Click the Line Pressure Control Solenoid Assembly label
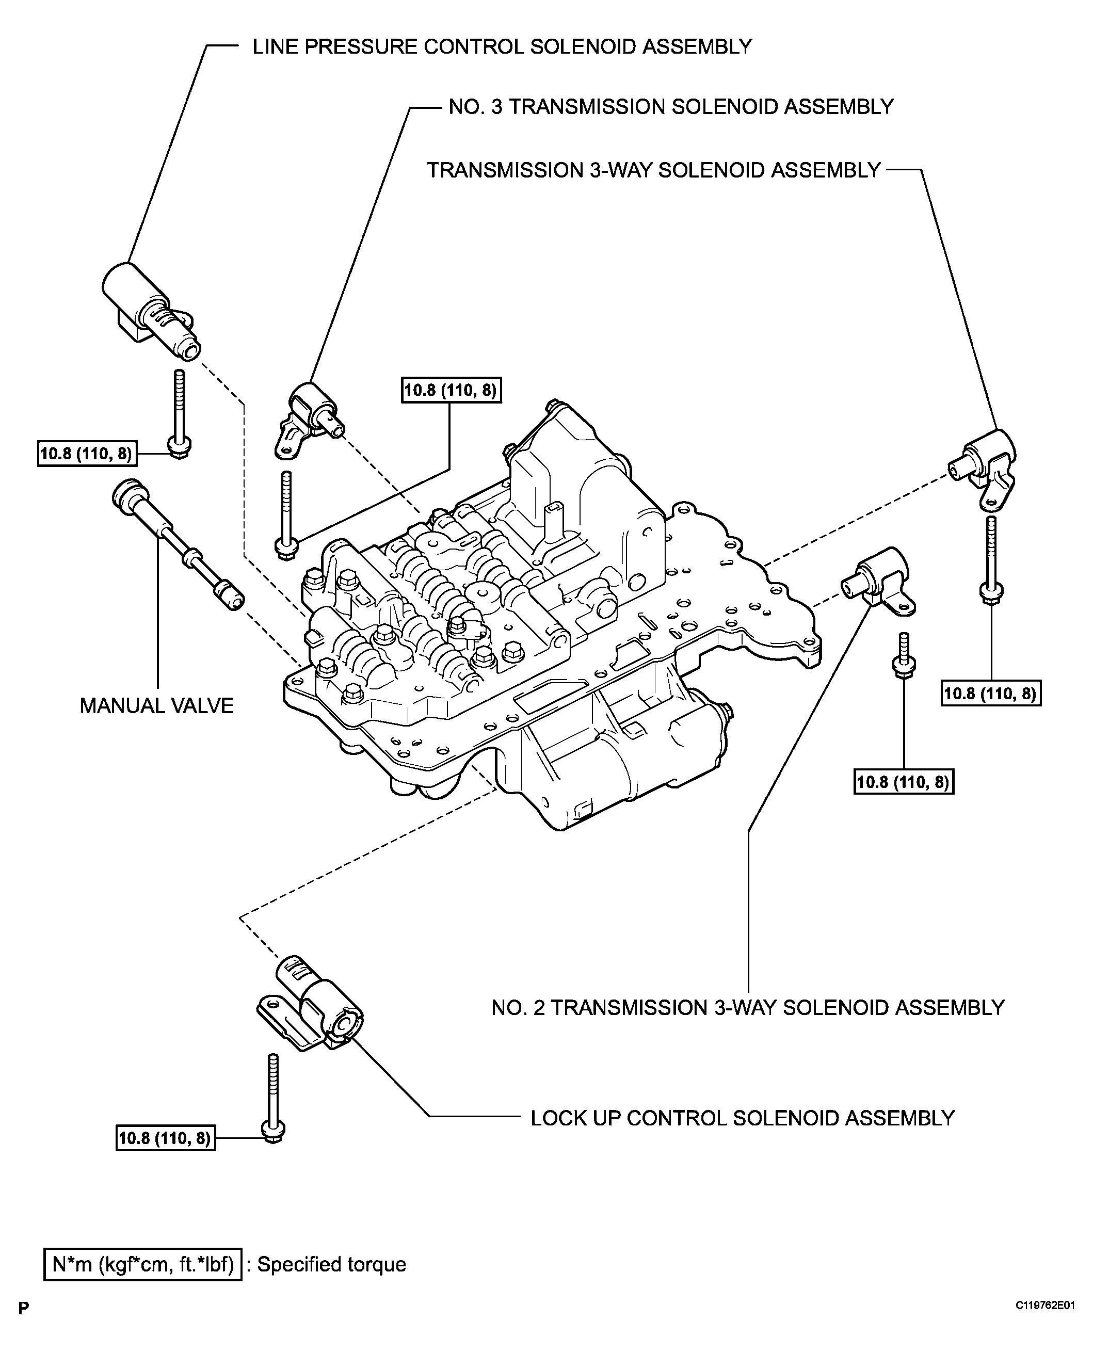click(x=502, y=46)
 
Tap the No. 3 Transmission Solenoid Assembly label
click(x=670, y=106)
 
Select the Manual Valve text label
click(x=156, y=706)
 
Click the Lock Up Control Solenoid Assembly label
click(x=742, y=1118)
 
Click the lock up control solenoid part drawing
click(x=312, y=1006)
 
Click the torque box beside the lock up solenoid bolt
click(x=165, y=1138)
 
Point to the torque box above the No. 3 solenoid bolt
click(x=451, y=390)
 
